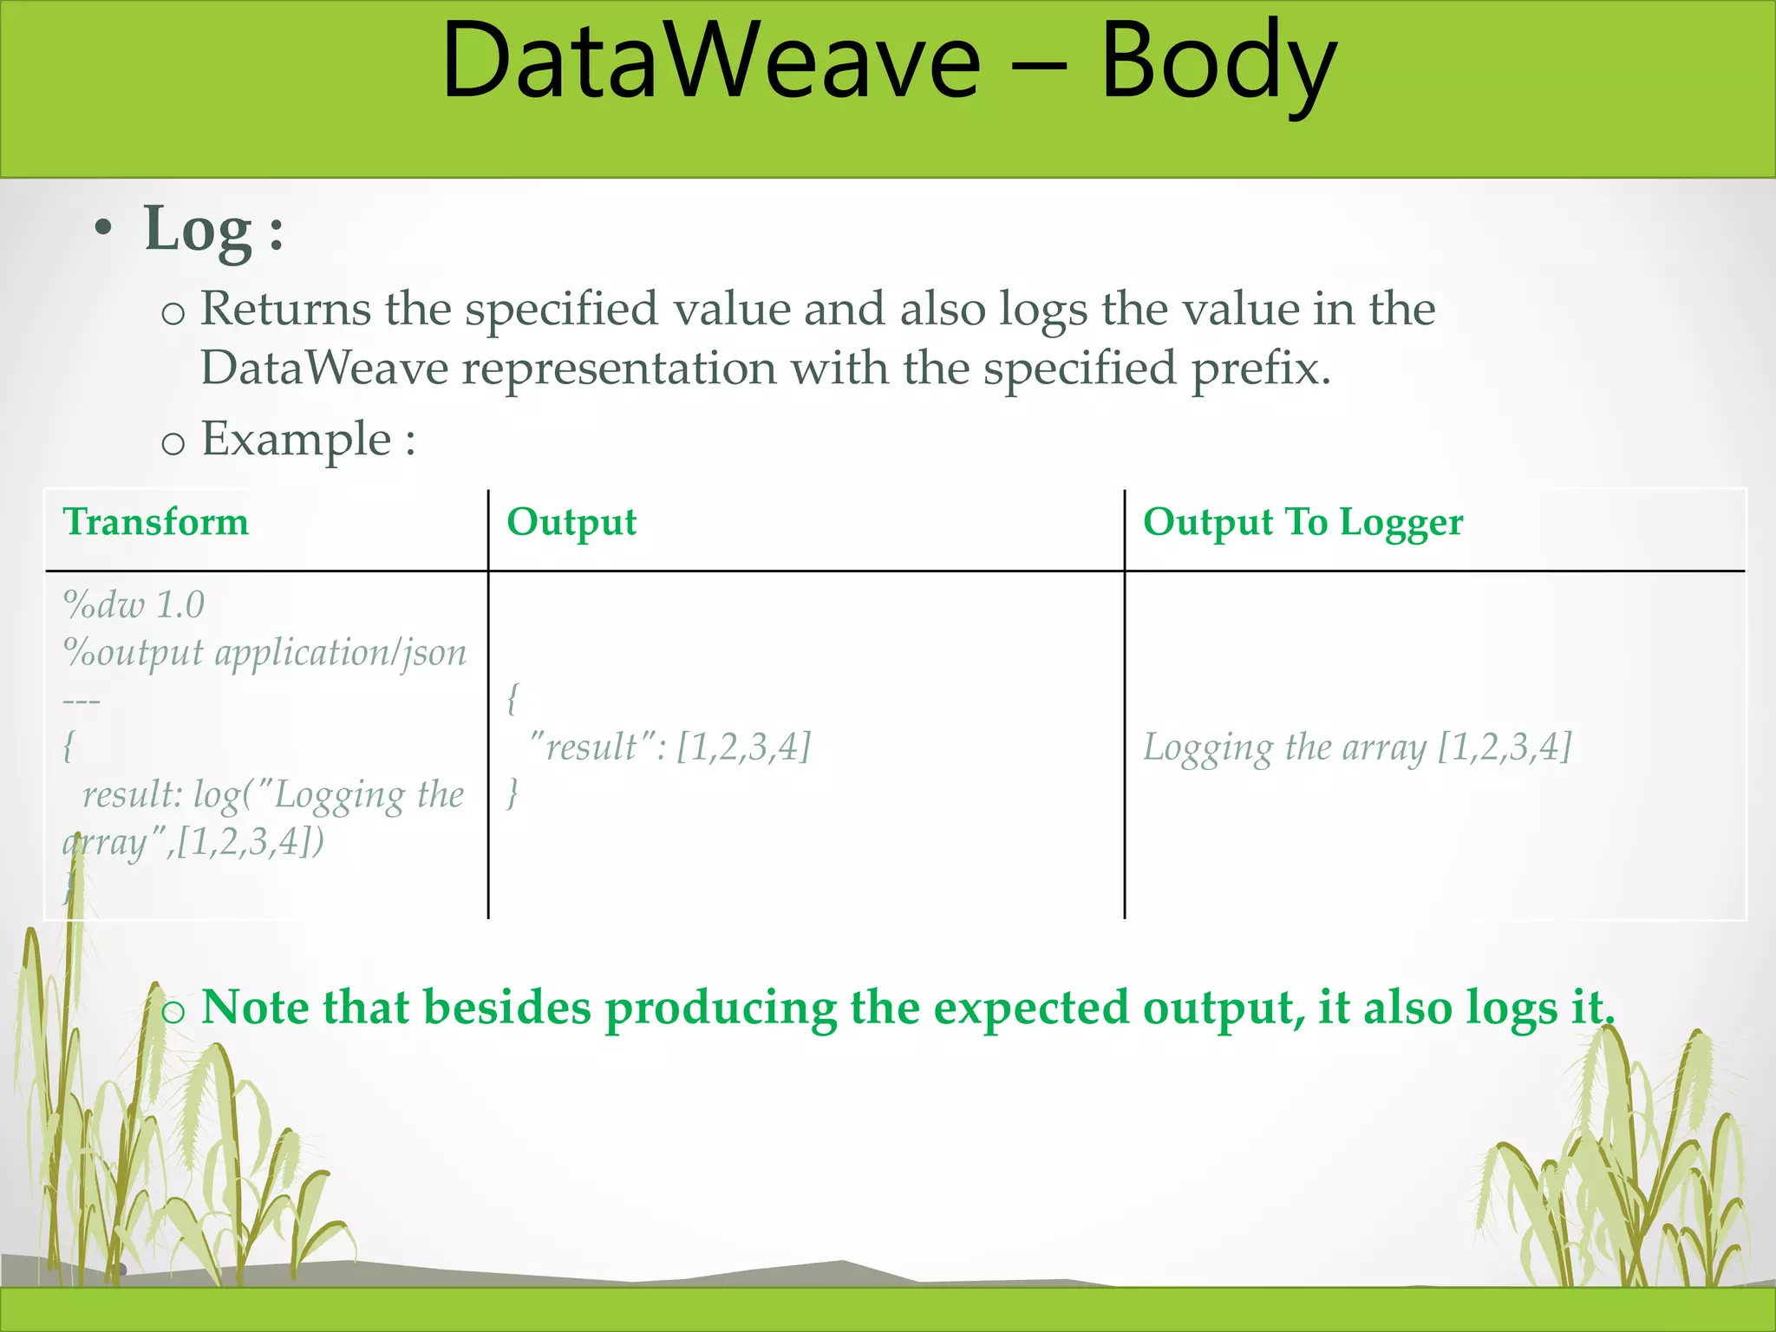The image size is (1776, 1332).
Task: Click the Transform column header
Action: click(x=156, y=522)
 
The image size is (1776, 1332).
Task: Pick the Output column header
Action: click(x=571, y=522)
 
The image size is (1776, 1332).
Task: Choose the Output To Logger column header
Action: click(x=1303, y=522)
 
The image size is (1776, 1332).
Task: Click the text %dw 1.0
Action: click(x=134, y=604)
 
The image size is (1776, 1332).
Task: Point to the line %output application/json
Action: click(x=264, y=652)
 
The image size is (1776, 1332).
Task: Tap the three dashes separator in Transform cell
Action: click(x=82, y=700)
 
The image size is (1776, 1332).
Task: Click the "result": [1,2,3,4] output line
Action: click(x=669, y=747)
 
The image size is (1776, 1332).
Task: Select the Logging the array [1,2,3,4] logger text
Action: click(x=1357, y=747)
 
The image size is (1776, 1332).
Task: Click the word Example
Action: click(x=297, y=439)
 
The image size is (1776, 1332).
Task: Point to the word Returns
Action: click(x=284, y=309)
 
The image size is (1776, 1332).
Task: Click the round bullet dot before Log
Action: click(x=104, y=229)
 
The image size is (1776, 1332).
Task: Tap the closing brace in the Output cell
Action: click(x=513, y=793)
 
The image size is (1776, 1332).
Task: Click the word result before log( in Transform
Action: click(x=131, y=794)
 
